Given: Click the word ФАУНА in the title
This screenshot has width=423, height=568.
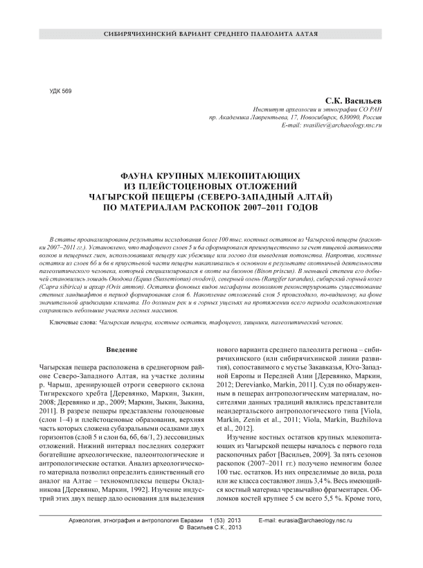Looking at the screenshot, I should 141,177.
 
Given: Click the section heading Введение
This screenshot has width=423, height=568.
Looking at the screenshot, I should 127,348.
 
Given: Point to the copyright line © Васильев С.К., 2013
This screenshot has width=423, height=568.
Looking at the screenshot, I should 210,548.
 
